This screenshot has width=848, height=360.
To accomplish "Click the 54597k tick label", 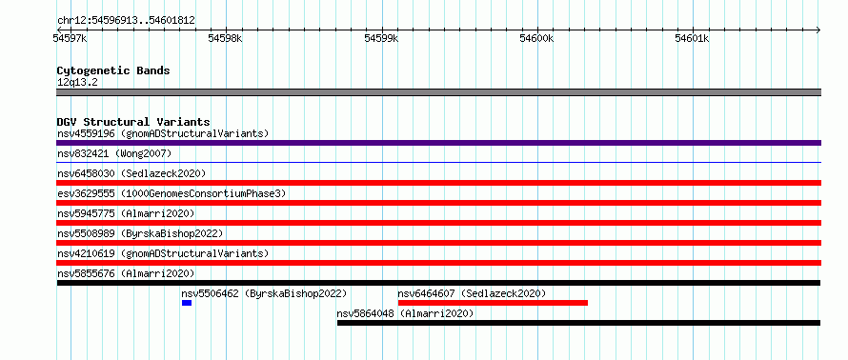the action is pyautogui.click(x=70, y=38).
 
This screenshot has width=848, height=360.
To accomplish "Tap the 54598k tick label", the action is pyautogui.click(x=226, y=38).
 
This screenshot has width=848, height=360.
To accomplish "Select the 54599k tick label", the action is pyautogui.click(x=381, y=38).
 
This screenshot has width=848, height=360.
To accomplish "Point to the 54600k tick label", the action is pyautogui.click(x=537, y=38).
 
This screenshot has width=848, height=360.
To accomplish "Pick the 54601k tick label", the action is pyautogui.click(x=693, y=38).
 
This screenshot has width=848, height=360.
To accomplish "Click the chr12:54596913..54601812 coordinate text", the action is pyautogui.click(x=126, y=21).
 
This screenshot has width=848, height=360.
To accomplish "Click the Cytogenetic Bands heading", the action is pyautogui.click(x=113, y=70).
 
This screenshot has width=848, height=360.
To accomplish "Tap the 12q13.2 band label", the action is pyautogui.click(x=77, y=82).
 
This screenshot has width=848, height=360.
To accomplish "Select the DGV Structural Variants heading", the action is pyautogui.click(x=133, y=122).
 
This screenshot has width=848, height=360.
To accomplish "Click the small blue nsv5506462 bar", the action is pyautogui.click(x=187, y=303).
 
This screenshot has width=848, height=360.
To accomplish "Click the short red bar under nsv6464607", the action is pyautogui.click(x=493, y=303).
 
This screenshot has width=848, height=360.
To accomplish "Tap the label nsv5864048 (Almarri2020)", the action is pyautogui.click(x=405, y=313).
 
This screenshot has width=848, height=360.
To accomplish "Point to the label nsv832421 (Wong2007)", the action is pyautogui.click(x=114, y=153).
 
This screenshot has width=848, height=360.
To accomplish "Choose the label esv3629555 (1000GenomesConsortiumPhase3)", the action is pyautogui.click(x=172, y=193).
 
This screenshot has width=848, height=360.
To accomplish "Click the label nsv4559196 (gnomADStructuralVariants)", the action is pyautogui.click(x=163, y=133).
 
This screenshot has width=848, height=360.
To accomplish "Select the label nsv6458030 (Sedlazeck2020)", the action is pyautogui.click(x=131, y=173).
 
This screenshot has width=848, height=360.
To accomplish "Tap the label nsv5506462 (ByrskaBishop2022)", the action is pyautogui.click(x=264, y=293).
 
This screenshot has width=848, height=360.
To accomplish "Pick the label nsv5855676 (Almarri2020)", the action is pyautogui.click(x=126, y=273).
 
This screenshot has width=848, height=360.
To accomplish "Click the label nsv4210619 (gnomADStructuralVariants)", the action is pyautogui.click(x=163, y=253).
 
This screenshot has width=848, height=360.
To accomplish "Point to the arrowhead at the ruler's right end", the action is pyautogui.click(x=818, y=30).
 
